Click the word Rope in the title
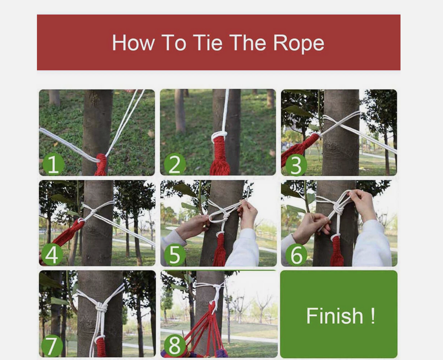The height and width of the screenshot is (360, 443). coord(299,44)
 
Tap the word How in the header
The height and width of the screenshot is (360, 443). coord(133,43)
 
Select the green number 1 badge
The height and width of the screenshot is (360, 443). coord(53,164)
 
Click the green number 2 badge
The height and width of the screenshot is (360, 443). coord(175,164)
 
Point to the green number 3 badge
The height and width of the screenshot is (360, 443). coord(296,165)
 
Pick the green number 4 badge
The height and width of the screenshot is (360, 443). coord(52,254)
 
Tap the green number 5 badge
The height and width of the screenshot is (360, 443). coord(174,254)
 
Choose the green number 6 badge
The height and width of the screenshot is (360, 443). coord(296,254)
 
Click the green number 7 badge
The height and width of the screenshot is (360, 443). coord(52,346)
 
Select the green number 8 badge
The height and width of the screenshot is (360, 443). coord(174,345)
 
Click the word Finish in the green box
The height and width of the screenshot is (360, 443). coord(334,315)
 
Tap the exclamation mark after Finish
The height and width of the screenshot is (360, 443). coord(373,315)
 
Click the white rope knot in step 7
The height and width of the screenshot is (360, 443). coord(101,307)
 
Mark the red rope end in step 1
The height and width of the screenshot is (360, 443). coord(101,165)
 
